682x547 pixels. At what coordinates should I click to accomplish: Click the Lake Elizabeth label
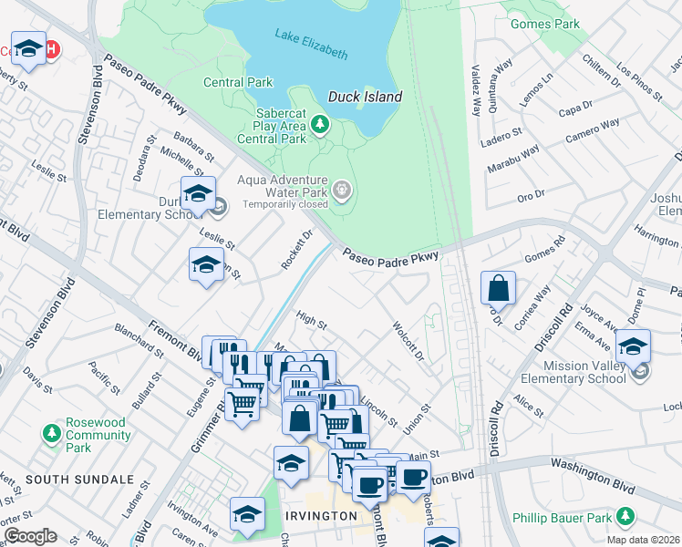(x=311, y=45)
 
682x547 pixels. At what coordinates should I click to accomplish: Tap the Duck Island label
(x=365, y=96)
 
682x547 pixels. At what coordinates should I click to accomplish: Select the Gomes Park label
(x=545, y=24)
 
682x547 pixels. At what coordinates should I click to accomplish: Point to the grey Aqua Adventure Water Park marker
(x=342, y=191)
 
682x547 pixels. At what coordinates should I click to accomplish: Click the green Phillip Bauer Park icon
(x=625, y=518)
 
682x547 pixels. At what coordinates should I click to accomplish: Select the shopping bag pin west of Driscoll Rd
(x=498, y=289)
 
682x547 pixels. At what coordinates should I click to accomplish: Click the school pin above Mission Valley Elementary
(x=633, y=347)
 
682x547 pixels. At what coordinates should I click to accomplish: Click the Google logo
(x=29, y=536)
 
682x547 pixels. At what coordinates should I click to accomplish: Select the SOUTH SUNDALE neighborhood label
(x=79, y=479)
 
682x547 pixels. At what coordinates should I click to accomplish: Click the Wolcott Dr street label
(x=408, y=340)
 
